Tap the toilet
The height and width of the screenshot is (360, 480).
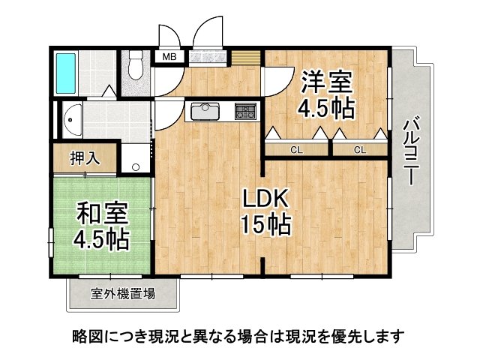click(x=135, y=67)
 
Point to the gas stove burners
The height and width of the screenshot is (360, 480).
click(x=245, y=112)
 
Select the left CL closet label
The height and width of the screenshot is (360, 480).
click(x=296, y=150)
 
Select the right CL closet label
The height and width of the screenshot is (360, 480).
click(x=360, y=150)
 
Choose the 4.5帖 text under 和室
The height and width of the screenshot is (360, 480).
click(x=101, y=241)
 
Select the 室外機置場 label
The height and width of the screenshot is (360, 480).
click(x=123, y=293)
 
